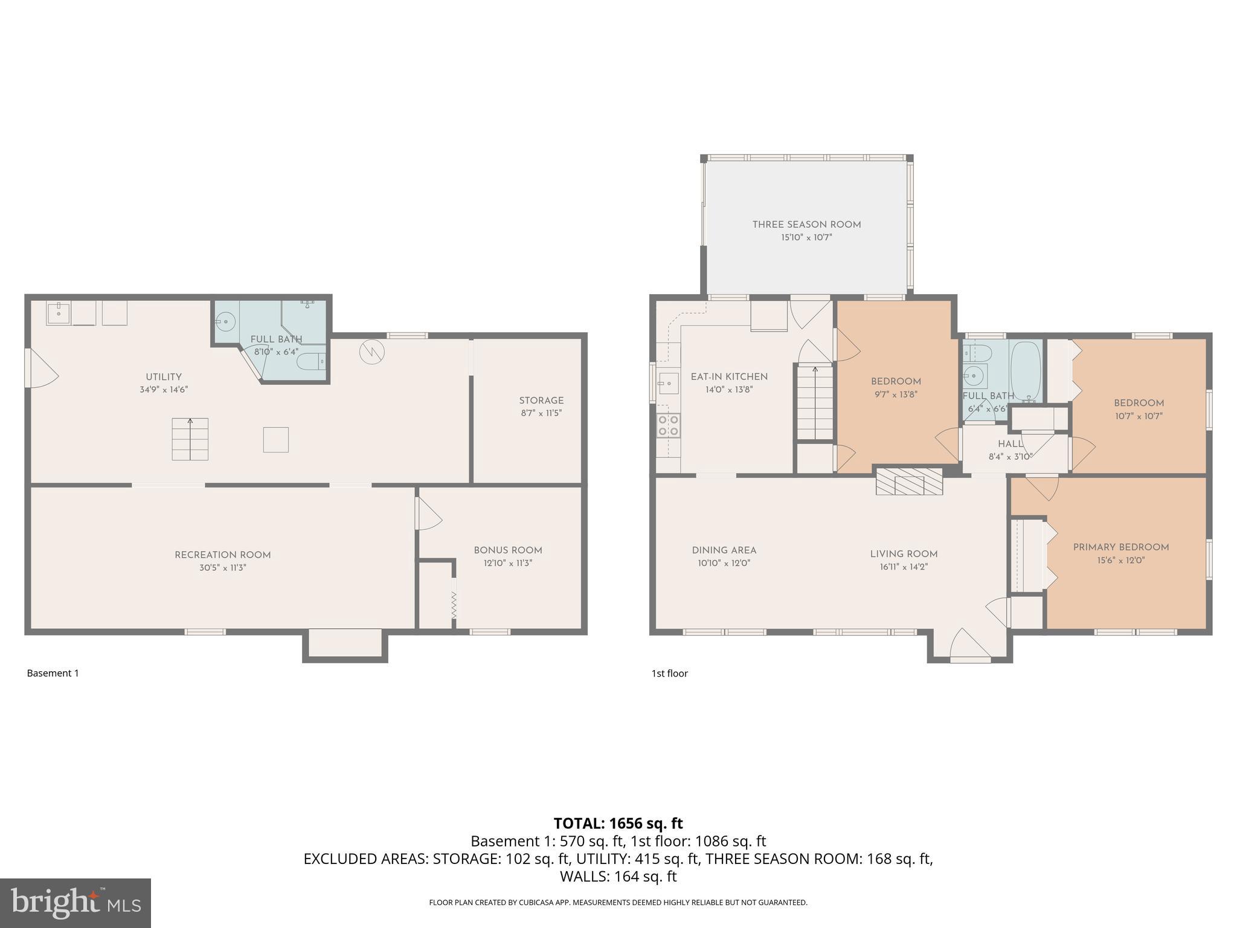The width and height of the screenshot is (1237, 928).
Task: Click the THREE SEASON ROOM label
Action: (x=806, y=225)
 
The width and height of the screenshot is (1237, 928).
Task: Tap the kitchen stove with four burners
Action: (x=668, y=425)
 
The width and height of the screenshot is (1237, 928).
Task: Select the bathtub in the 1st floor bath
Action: (x=1026, y=372)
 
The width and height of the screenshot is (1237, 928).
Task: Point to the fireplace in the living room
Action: (x=909, y=481)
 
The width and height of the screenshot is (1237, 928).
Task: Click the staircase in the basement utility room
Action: (x=190, y=439)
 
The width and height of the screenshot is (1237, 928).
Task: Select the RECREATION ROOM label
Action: (x=222, y=555)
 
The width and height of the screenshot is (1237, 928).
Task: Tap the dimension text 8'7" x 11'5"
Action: (x=541, y=413)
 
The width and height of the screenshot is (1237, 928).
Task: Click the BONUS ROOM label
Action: (x=507, y=550)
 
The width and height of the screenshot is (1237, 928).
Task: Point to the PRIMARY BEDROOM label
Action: (x=1120, y=547)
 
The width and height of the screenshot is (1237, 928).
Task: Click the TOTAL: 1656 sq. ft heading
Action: (x=618, y=823)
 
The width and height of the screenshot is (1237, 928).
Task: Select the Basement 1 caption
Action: (x=53, y=673)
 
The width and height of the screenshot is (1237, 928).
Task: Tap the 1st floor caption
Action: (x=669, y=673)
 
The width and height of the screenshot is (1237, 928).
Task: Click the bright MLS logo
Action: (x=76, y=903)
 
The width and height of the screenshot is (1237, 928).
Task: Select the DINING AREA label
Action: (x=724, y=550)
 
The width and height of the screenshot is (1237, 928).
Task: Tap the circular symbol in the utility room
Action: (x=371, y=352)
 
